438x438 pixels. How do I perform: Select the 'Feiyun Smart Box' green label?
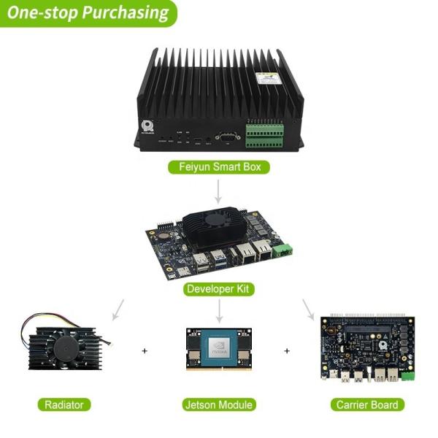(219, 167)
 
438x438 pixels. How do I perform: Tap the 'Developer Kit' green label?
(219, 289)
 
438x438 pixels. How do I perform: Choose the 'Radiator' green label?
(64, 404)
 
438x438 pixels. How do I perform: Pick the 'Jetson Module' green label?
(219, 404)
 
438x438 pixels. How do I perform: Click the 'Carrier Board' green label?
(366, 404)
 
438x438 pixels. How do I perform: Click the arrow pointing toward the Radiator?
(117, 310)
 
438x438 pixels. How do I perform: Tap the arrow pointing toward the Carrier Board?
(309, 310)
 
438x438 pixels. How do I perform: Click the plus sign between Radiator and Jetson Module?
(145, 351)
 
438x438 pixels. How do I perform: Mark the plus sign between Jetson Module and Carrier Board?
(287, 351)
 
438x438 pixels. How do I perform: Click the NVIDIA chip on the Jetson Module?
(219, 347)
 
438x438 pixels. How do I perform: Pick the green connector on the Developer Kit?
(282, 250)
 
